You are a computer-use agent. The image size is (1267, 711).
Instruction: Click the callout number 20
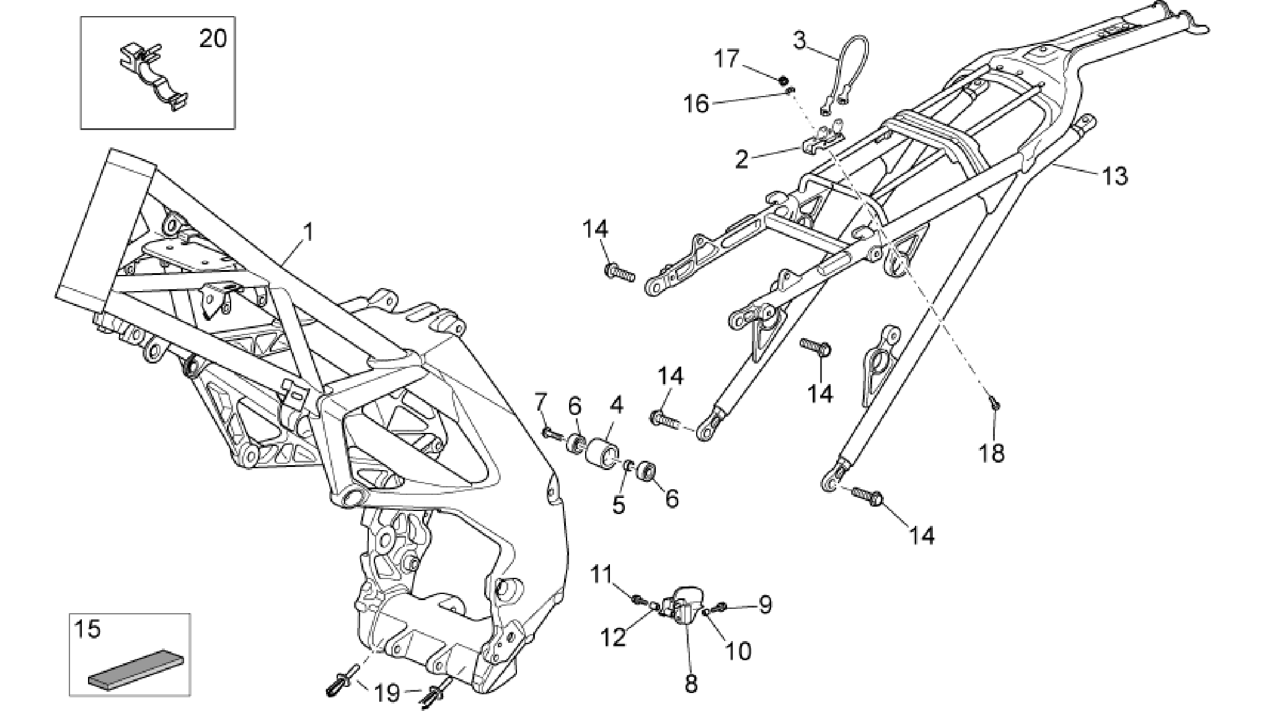click(x=213, y=39)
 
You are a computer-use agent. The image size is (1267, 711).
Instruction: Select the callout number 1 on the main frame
click(x=307, y=233)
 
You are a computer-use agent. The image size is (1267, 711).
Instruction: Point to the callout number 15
click(x=87, y=630)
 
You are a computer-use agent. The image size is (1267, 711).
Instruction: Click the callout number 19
click(x=389, y=692)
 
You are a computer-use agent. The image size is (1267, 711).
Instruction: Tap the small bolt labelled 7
click(x=554, y=434)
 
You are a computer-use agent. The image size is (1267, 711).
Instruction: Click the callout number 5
click(x=619, y=505)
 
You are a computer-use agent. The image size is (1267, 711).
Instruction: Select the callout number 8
click(x=691, y=683)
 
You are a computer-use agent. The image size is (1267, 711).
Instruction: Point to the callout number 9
click(x=765, y=604)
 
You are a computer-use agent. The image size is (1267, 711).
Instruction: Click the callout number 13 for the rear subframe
click(x=1115, y=176)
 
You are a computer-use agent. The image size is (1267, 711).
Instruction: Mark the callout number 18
click(x=992, y=453)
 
